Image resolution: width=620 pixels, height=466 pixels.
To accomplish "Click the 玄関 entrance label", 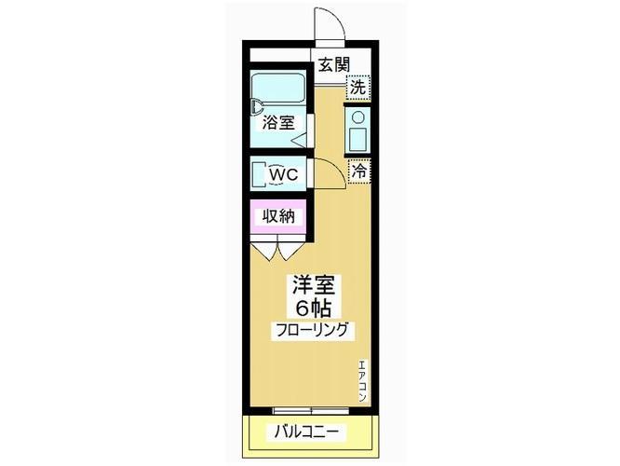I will (x=333, y=64).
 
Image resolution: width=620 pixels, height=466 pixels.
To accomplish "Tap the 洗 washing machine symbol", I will (x=358, y=87).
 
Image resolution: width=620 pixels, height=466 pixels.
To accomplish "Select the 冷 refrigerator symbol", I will (x=358, y=171).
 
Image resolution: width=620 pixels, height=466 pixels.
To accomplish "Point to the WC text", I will (x=284, y=174).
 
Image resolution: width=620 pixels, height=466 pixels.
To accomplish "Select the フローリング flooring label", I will (x=311, y=330).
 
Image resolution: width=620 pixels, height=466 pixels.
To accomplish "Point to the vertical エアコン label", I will (x=361, y=381).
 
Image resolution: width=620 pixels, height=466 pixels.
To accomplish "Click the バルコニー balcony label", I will (x=308, y=432).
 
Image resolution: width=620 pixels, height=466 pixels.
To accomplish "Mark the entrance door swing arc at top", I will (x=331, y=23).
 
